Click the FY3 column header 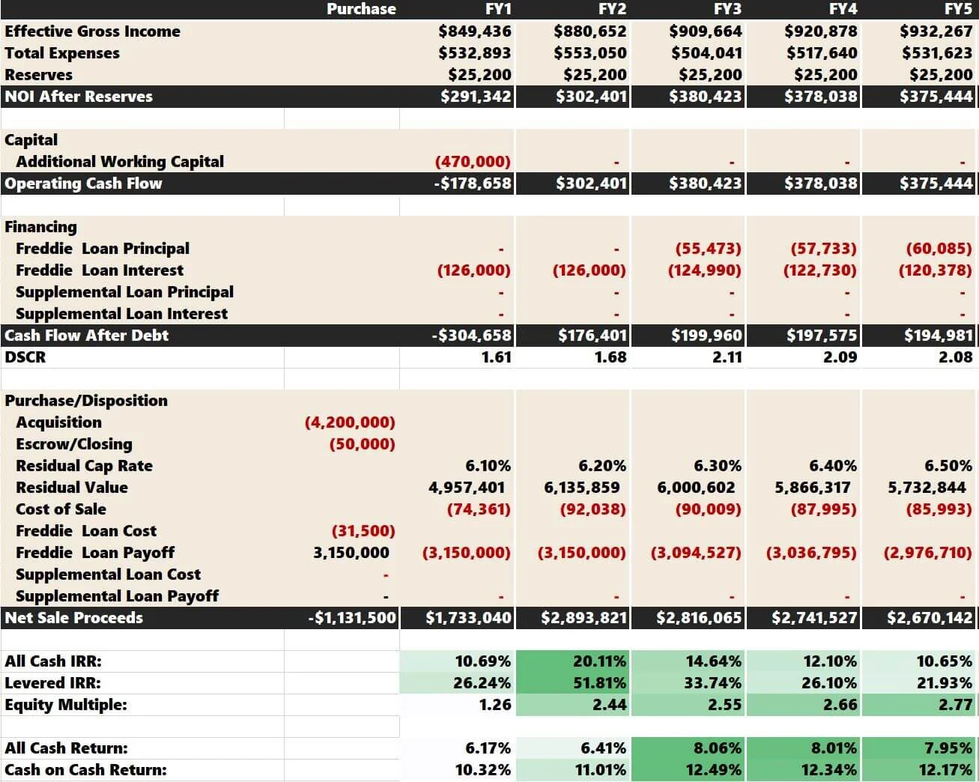[x=727, y=9]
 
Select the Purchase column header [x=361, y=9]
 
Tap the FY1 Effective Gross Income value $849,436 [x=475, y=31]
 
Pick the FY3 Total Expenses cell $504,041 [x=706, y=53]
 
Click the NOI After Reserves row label [x=79, y=97]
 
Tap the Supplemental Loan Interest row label [x=121, y=314]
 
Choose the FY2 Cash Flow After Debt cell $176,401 [x=591, y=336]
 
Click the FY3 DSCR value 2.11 [x=727, y=357]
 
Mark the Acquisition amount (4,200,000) [x=350, y=422]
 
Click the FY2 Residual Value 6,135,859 [x=582, y=488]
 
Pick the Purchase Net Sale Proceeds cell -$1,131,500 [x=352, y=618]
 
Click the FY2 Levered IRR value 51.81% [x=598, y=683]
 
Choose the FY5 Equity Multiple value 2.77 [x=955, y=705]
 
